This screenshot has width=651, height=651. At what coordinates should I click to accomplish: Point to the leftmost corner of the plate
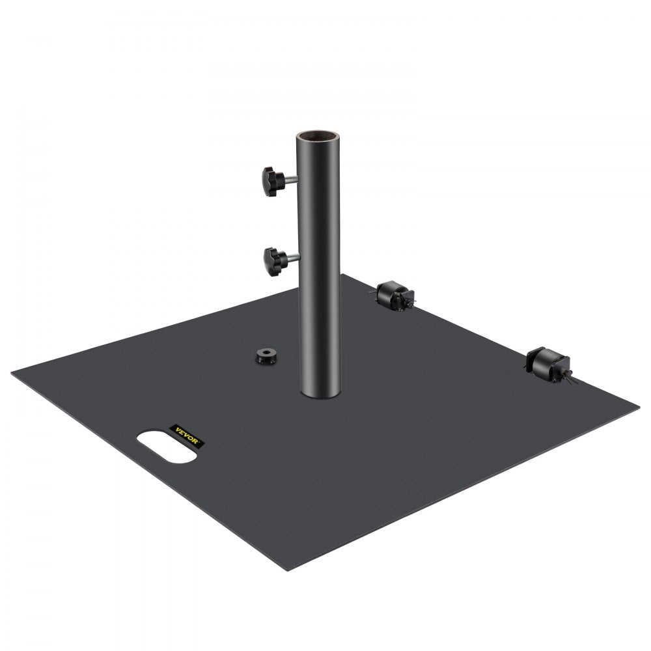pos(12,372)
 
